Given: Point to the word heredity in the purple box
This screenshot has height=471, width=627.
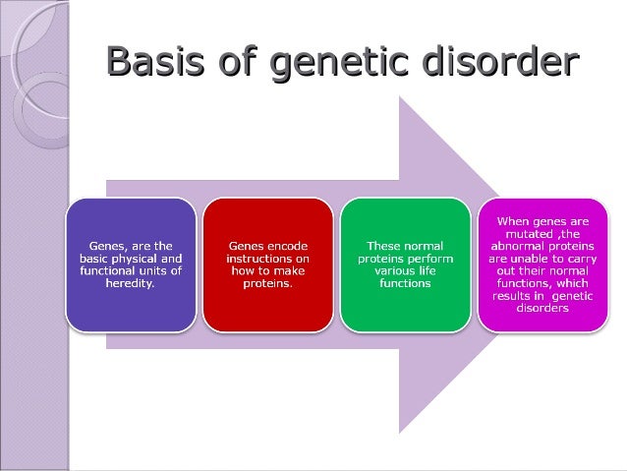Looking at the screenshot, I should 130,283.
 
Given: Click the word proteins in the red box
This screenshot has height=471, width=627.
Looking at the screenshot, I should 267,283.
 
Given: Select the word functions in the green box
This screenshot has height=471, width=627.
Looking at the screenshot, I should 405,283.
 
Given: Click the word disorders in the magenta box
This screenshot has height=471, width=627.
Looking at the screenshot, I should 541,308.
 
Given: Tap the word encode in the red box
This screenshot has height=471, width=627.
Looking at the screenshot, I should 286,245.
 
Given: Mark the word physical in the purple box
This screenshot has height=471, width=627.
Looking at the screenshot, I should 142,258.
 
